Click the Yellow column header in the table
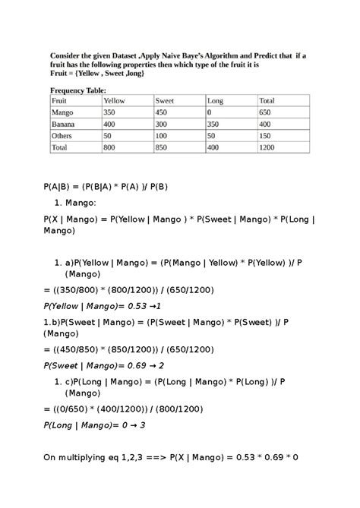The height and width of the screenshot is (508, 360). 114,100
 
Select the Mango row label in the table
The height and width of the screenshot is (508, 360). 62,112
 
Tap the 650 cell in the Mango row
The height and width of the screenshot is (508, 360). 267,112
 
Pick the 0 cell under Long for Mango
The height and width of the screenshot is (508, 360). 210,112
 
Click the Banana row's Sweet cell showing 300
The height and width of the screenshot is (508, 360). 163,124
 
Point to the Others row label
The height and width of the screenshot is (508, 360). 62,135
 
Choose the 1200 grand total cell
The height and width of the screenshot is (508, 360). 268,147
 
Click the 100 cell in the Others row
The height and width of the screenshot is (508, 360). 163,135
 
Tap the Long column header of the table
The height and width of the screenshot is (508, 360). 215,100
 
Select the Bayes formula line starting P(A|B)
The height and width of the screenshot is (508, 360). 105,186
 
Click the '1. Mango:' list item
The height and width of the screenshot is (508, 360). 77,204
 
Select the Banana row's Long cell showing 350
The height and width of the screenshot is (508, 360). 214,124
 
